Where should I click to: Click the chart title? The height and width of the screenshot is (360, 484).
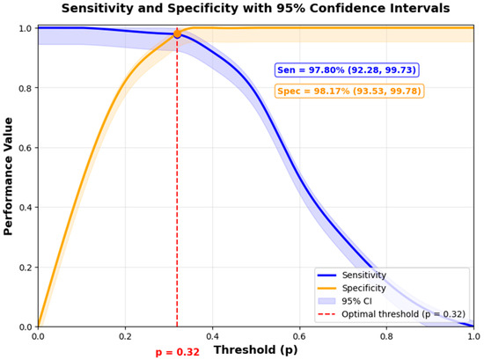pyautogui.click(x=255, y=8)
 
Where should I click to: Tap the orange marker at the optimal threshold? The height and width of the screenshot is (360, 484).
pyautogui.click(x=177, y=34)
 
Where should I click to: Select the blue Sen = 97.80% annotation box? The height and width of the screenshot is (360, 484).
pyautogui.click(x=347, y=70)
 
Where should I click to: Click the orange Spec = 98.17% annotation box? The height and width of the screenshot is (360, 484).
pyautogui.click(x=349, y=91)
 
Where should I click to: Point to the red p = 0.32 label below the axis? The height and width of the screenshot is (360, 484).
pyautogui.click(x=178, y=352)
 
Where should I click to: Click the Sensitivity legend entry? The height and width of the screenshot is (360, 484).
pyautogui.click(x=352, y=276)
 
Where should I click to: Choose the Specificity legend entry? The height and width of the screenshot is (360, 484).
pyautogui.click(x=352, y=288)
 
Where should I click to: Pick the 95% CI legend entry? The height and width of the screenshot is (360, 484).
pyautogui.click(x=345, y=301)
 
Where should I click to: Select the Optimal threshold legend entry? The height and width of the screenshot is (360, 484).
pyautogui.click(x=392, y=314)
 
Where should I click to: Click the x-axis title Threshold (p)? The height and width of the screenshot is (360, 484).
pyautogui.click(x=256, y=349)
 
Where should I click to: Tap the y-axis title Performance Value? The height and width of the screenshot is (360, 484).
pyautogui.click(x=8, y=176)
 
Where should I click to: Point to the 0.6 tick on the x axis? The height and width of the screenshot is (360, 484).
pyautogui.click(x=300, y=336)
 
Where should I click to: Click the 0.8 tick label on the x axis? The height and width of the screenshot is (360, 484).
pyautogui.click(x=387, y=336)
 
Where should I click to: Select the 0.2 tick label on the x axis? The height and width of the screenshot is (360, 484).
pyautogui.click(x=125, y=336)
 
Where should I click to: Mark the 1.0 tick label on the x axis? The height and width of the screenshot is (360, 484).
pyautogui.click(x=474, y=336)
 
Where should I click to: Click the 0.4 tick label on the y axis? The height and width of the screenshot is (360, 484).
pyautogui.click(x=26, y=208)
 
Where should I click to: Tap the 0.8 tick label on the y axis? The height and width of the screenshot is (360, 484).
pyautogui.click(x=26, y=88)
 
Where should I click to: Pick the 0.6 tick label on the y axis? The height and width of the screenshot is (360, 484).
pyautogui.click(x=26, y=148)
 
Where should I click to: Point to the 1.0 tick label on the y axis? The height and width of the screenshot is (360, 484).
pyautogui.click(x=26, y=28)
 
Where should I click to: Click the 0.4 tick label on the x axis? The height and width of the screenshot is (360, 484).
pyautogui.click(x=213, y=336)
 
